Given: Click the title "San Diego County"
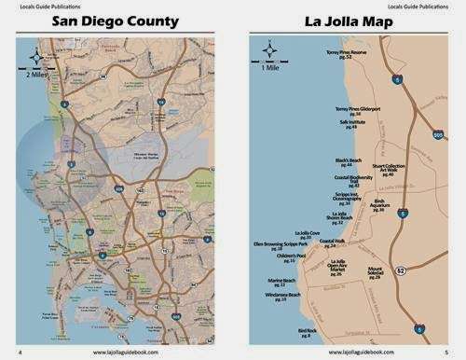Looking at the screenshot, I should [116, 21].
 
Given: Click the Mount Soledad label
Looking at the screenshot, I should [375, 271].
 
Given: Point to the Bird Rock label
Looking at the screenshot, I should [308, 332].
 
